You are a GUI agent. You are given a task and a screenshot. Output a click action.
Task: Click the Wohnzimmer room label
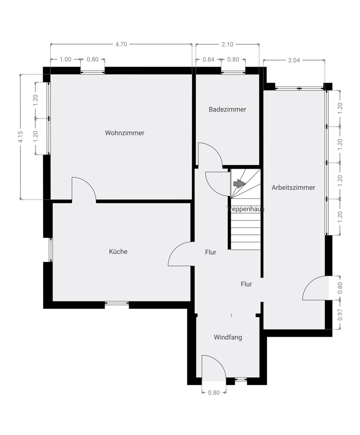click(x=124, y=133)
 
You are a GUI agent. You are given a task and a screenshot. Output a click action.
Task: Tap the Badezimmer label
click(x=227, y=109)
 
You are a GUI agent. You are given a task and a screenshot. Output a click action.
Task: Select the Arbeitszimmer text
click(x=293, y=187)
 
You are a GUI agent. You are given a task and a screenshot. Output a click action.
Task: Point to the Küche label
click(x=118, y=251)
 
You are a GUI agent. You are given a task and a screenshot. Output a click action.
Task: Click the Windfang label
click(x=228, y=337)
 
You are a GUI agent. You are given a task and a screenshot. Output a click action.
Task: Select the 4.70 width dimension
click(x=121, y=44)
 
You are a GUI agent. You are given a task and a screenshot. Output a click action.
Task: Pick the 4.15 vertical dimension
click(x=20, y=137)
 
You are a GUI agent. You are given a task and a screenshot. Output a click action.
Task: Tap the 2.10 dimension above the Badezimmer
click(x=227, y=44)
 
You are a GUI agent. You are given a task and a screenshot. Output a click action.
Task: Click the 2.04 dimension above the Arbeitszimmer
click(x=294, y=60)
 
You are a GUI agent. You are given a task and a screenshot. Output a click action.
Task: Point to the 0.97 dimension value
click(x=340, y=315)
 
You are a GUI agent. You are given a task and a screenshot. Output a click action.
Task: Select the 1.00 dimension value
click(x=65, y=60)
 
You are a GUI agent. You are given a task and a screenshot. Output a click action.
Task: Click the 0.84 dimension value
click(x=209, y=60)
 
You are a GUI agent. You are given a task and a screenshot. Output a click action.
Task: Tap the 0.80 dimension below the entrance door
click(x=214, y=392)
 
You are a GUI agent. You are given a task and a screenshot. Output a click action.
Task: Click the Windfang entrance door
click(x=213, y=366)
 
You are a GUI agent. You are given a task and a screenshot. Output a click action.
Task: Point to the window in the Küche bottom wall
click(x=117, y=304)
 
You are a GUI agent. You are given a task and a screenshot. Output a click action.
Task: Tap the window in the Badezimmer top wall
click(x=233, y=72)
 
